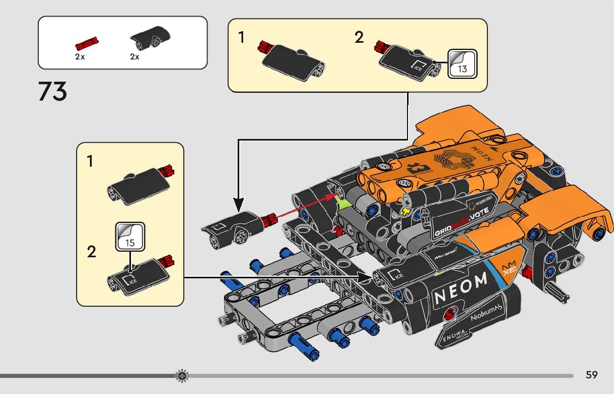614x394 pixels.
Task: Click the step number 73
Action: coord(53,92)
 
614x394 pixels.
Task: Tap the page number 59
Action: coord(591,375)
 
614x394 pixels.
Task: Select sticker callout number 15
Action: coord(130,237)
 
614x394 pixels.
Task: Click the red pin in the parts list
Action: coord(87,43)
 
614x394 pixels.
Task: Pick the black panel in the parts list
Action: coord(150,38)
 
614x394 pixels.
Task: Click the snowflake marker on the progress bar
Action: coord(182,376)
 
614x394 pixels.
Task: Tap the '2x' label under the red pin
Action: coord(80,57)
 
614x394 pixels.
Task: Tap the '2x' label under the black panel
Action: coord(134,57)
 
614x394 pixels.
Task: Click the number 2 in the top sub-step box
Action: coord(359,38)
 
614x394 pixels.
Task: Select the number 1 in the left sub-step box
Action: coord(90,162)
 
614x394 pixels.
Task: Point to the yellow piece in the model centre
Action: coord(406,211)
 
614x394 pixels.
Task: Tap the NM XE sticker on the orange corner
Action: coord(509,269)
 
